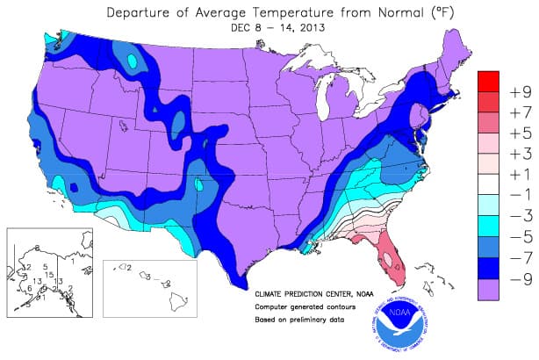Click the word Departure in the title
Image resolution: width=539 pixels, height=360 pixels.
[x=143, y=12]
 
